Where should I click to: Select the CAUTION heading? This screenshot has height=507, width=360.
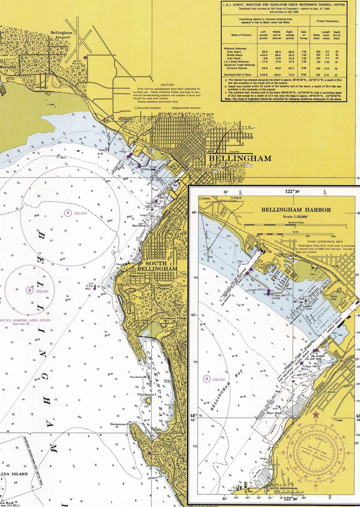[x=167, y=85]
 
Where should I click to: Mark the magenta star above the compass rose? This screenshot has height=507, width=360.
[x=316, y=414]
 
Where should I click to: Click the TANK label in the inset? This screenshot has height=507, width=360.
[x=340, y=420]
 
